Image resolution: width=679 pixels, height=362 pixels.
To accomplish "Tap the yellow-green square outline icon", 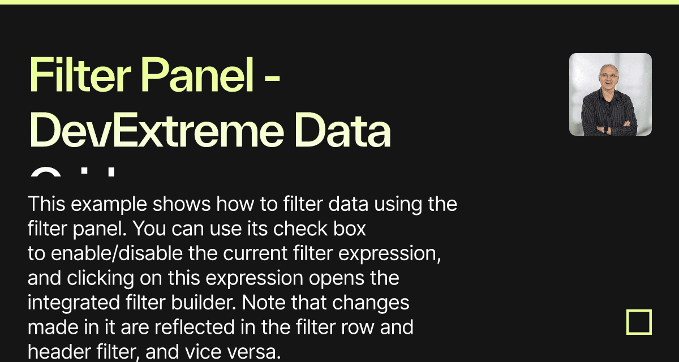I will (639, 322).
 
